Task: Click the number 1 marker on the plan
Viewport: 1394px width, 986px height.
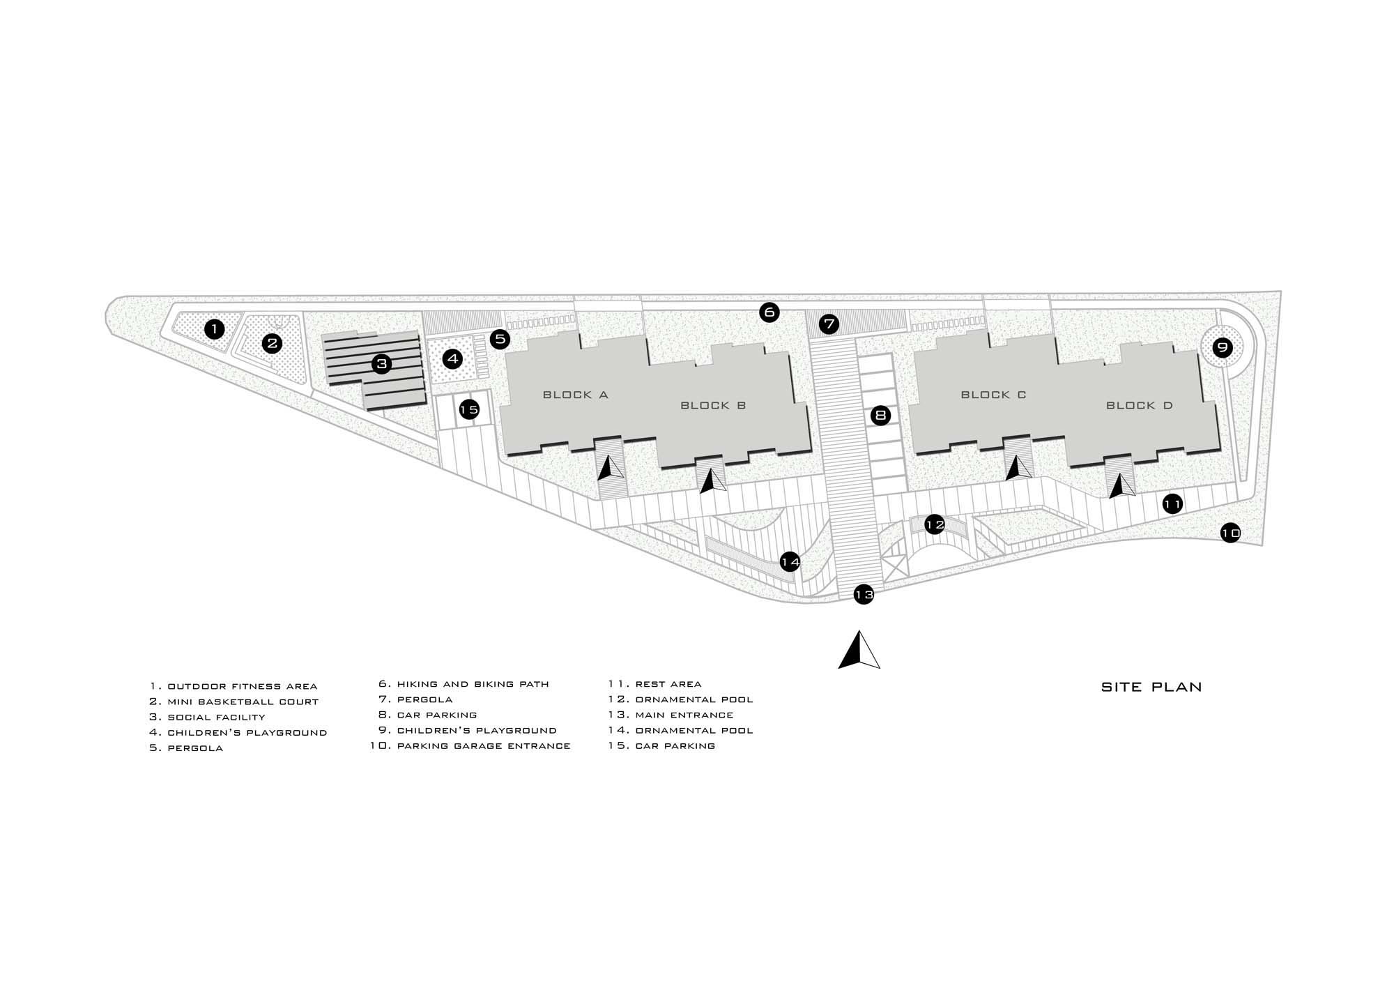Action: click(215, 328)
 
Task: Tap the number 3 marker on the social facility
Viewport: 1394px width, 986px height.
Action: click(381, 363)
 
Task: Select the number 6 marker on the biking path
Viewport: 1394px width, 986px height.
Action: click(769, 312)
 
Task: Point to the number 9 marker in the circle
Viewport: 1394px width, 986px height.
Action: click(1223, 347)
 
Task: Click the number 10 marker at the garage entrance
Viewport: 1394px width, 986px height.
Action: click(1231, 533)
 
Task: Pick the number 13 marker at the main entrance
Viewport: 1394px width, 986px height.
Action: click(864, 594)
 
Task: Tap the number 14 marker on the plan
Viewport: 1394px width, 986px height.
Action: click(790, 561)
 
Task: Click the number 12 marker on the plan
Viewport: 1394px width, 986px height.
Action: click(935, 524)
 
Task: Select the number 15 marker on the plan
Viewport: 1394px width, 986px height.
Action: click(469, 409)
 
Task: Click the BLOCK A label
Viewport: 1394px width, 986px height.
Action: click(576, 395)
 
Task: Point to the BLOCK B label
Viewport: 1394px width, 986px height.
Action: click(713, 405)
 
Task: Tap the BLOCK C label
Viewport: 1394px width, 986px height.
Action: click(994, 395)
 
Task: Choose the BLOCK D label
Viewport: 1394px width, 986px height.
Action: click(1140, 405)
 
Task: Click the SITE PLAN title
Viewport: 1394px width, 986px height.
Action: click(1151, 687)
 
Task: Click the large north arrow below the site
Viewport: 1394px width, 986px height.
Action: click(859, 650)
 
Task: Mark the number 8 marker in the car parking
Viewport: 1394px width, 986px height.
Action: click(880, 416)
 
